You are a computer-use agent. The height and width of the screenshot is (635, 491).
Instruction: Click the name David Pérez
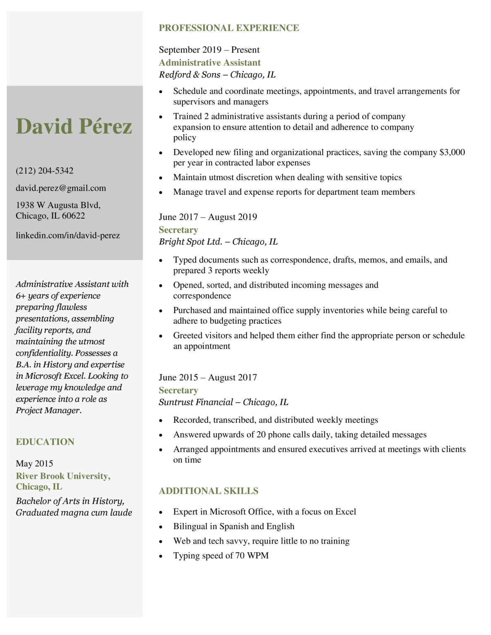pos(74,127)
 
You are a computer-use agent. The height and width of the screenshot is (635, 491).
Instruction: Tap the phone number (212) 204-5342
pos(45,171)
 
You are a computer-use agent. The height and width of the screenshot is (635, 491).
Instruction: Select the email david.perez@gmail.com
pos(61,188)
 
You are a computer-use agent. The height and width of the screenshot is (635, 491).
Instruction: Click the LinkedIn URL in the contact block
pos(68,235)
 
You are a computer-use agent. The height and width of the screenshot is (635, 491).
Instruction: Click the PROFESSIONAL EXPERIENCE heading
pos(229,28)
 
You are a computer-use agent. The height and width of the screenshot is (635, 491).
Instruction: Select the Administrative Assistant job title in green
pos(210,63)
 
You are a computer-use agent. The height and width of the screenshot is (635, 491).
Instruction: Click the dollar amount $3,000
pos(452,153)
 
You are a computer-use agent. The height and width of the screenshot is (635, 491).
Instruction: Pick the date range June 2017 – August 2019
pos(208,217)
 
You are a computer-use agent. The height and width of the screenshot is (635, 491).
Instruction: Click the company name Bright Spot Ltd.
pos(191,242)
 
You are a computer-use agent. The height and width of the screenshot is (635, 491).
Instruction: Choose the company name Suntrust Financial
pos(196,402)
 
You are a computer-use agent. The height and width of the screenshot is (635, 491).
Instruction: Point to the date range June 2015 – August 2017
pos(208,377)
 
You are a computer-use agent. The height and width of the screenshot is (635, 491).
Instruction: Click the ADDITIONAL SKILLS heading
pos(208,491)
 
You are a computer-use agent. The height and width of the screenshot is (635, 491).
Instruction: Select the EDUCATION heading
pos(45,442)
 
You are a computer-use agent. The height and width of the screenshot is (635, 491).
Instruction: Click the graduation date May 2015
pos(34,463)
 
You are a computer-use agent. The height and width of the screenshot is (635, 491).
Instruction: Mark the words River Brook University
pos(62,476)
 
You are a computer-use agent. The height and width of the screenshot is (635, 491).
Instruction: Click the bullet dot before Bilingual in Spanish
pos(161,527)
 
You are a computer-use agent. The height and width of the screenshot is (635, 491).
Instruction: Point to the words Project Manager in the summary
pos(48,411)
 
